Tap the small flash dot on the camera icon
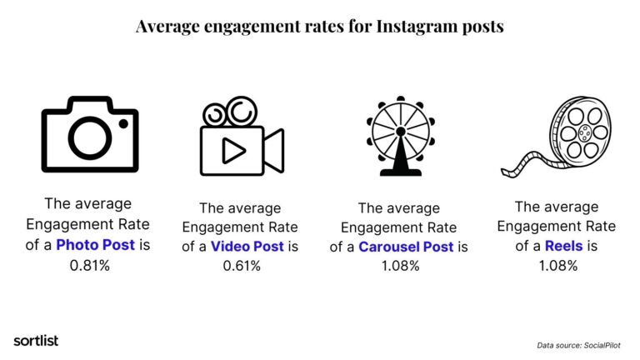point(122,124)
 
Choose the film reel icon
point(567,138)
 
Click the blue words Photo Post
point(99,245)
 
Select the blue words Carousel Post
point(406,247)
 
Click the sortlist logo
point(36,340)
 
